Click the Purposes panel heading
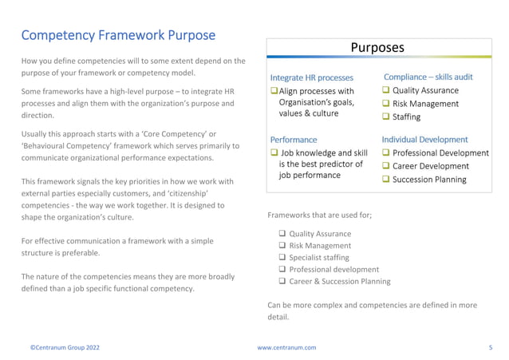(377, 47)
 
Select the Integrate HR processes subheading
(311, 77)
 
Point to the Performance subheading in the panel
(293, 140)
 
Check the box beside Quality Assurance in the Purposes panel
(386, 91)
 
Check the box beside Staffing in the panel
(386, 117)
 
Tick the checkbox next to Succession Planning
(386, 180)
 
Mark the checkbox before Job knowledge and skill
(274, 153)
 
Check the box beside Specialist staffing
(282, 258)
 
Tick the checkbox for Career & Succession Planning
(282, 282)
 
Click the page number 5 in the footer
(490, 348)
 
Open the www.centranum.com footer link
(286, 348)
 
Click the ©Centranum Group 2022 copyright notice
(65, 348)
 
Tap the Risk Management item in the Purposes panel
(425, 104)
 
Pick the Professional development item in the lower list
(333, 270)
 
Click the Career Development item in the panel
(430, 166)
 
